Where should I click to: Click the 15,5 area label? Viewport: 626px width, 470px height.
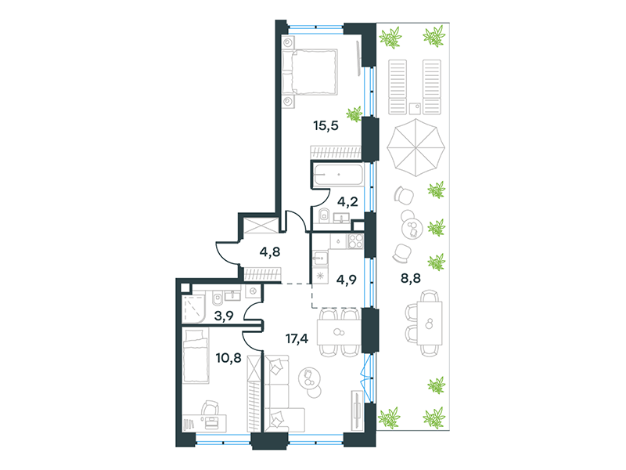(x=326, y=125)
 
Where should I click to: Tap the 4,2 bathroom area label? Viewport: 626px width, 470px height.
(x=347, y=202)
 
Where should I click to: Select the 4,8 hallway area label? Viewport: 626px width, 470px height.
(x=270, y=251)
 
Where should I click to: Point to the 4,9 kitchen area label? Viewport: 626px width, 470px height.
(x=347, y=280)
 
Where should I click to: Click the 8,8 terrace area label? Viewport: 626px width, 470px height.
(x=411, y=278)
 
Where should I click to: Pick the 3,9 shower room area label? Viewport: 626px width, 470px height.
(x=224, y=316)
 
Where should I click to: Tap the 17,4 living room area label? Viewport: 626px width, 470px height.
(x=297, y=339)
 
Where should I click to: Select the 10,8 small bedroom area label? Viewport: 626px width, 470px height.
(x=228, y=358)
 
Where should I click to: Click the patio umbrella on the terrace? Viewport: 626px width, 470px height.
(x=416, y=147)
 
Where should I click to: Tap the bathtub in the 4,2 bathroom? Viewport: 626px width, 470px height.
(x=338, y=175)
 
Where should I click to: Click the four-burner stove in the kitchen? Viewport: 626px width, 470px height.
(x=355, y=241)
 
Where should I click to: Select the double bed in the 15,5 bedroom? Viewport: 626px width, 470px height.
(x=310, y=72)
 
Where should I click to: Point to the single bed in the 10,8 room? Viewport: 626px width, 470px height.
(x=196, y=356)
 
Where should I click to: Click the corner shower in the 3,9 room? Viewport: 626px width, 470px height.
(x=193, y=309)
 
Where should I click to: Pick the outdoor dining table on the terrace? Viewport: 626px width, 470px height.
(x=430, y=324)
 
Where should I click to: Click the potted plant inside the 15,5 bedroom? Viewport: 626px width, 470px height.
(x=354, y=114)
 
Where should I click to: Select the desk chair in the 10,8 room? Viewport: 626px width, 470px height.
(x=210, y=409)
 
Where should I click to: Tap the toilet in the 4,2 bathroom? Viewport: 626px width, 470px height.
(x=323, y=215)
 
